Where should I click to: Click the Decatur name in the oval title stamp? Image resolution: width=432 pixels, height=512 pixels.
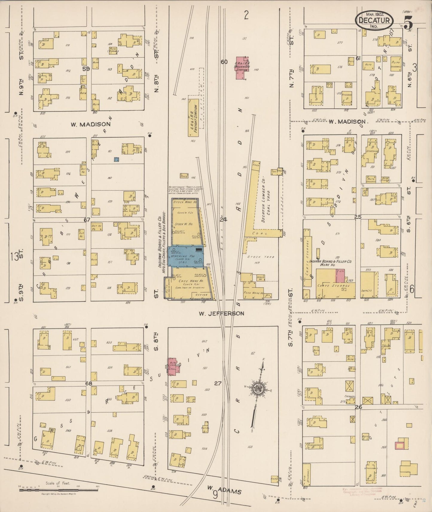click(x=374, y=20)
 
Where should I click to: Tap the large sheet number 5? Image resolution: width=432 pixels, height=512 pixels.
click(x=408, y=22)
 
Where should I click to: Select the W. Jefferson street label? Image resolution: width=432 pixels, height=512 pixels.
click(x=221, y=313)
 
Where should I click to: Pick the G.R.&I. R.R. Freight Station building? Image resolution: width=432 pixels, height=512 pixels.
click(x=193, y=118)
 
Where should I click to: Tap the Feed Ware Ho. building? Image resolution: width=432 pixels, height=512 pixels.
click(x=253, y=293)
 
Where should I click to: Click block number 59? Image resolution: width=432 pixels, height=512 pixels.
click(x=86, y=68)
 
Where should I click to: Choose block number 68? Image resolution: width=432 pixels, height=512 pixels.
click(x=88, y=383)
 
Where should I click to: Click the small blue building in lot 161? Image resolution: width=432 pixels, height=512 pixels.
click(x=117, y=160)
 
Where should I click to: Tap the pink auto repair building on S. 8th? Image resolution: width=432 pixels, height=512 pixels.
click(x=174, y=365)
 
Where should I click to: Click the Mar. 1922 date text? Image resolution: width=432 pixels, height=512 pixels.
click(x=375, y=14)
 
